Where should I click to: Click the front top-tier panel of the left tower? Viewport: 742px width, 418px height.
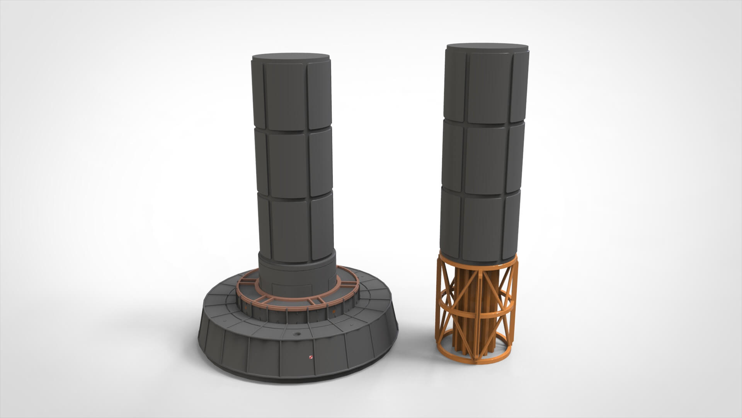click(x=286, y=98)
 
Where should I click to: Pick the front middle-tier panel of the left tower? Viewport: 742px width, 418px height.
click(x=288, y=163)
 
